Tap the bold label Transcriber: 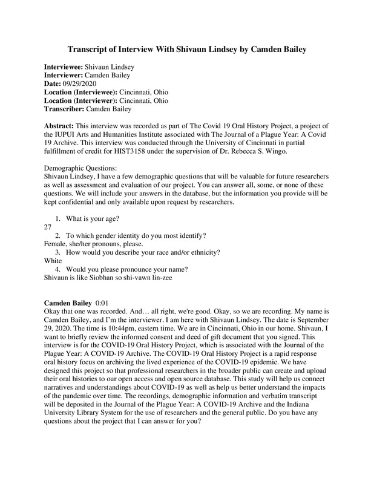click(64, 109)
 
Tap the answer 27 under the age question click(48, 227)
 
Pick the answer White click(54, 261)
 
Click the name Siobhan click(107, 278)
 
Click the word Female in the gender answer click(56, 244)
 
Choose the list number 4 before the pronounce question click(57, 269)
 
